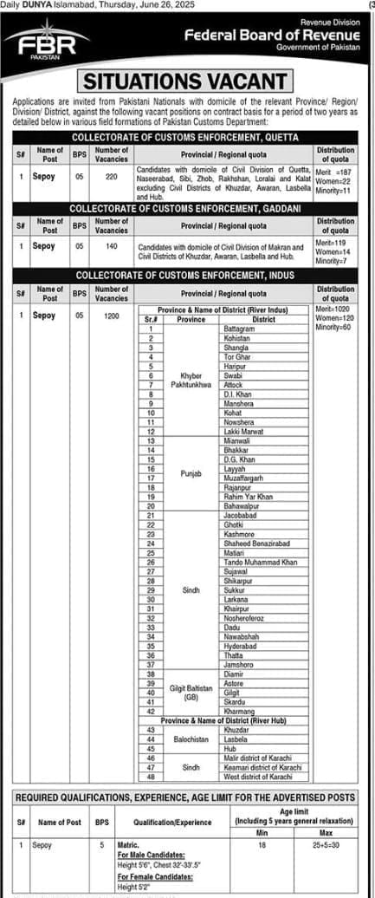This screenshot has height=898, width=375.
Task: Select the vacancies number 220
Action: point(111,175)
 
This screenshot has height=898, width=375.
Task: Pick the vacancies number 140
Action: point(111,245)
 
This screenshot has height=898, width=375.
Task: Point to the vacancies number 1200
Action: point(111,316)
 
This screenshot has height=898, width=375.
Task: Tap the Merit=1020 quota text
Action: point(334,309)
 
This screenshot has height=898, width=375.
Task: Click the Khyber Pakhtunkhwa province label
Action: point(191,380)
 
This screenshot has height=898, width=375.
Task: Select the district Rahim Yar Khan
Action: point(249,497)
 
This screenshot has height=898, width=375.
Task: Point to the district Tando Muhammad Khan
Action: point(260,563)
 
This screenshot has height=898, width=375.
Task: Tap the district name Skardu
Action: point(235,703)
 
